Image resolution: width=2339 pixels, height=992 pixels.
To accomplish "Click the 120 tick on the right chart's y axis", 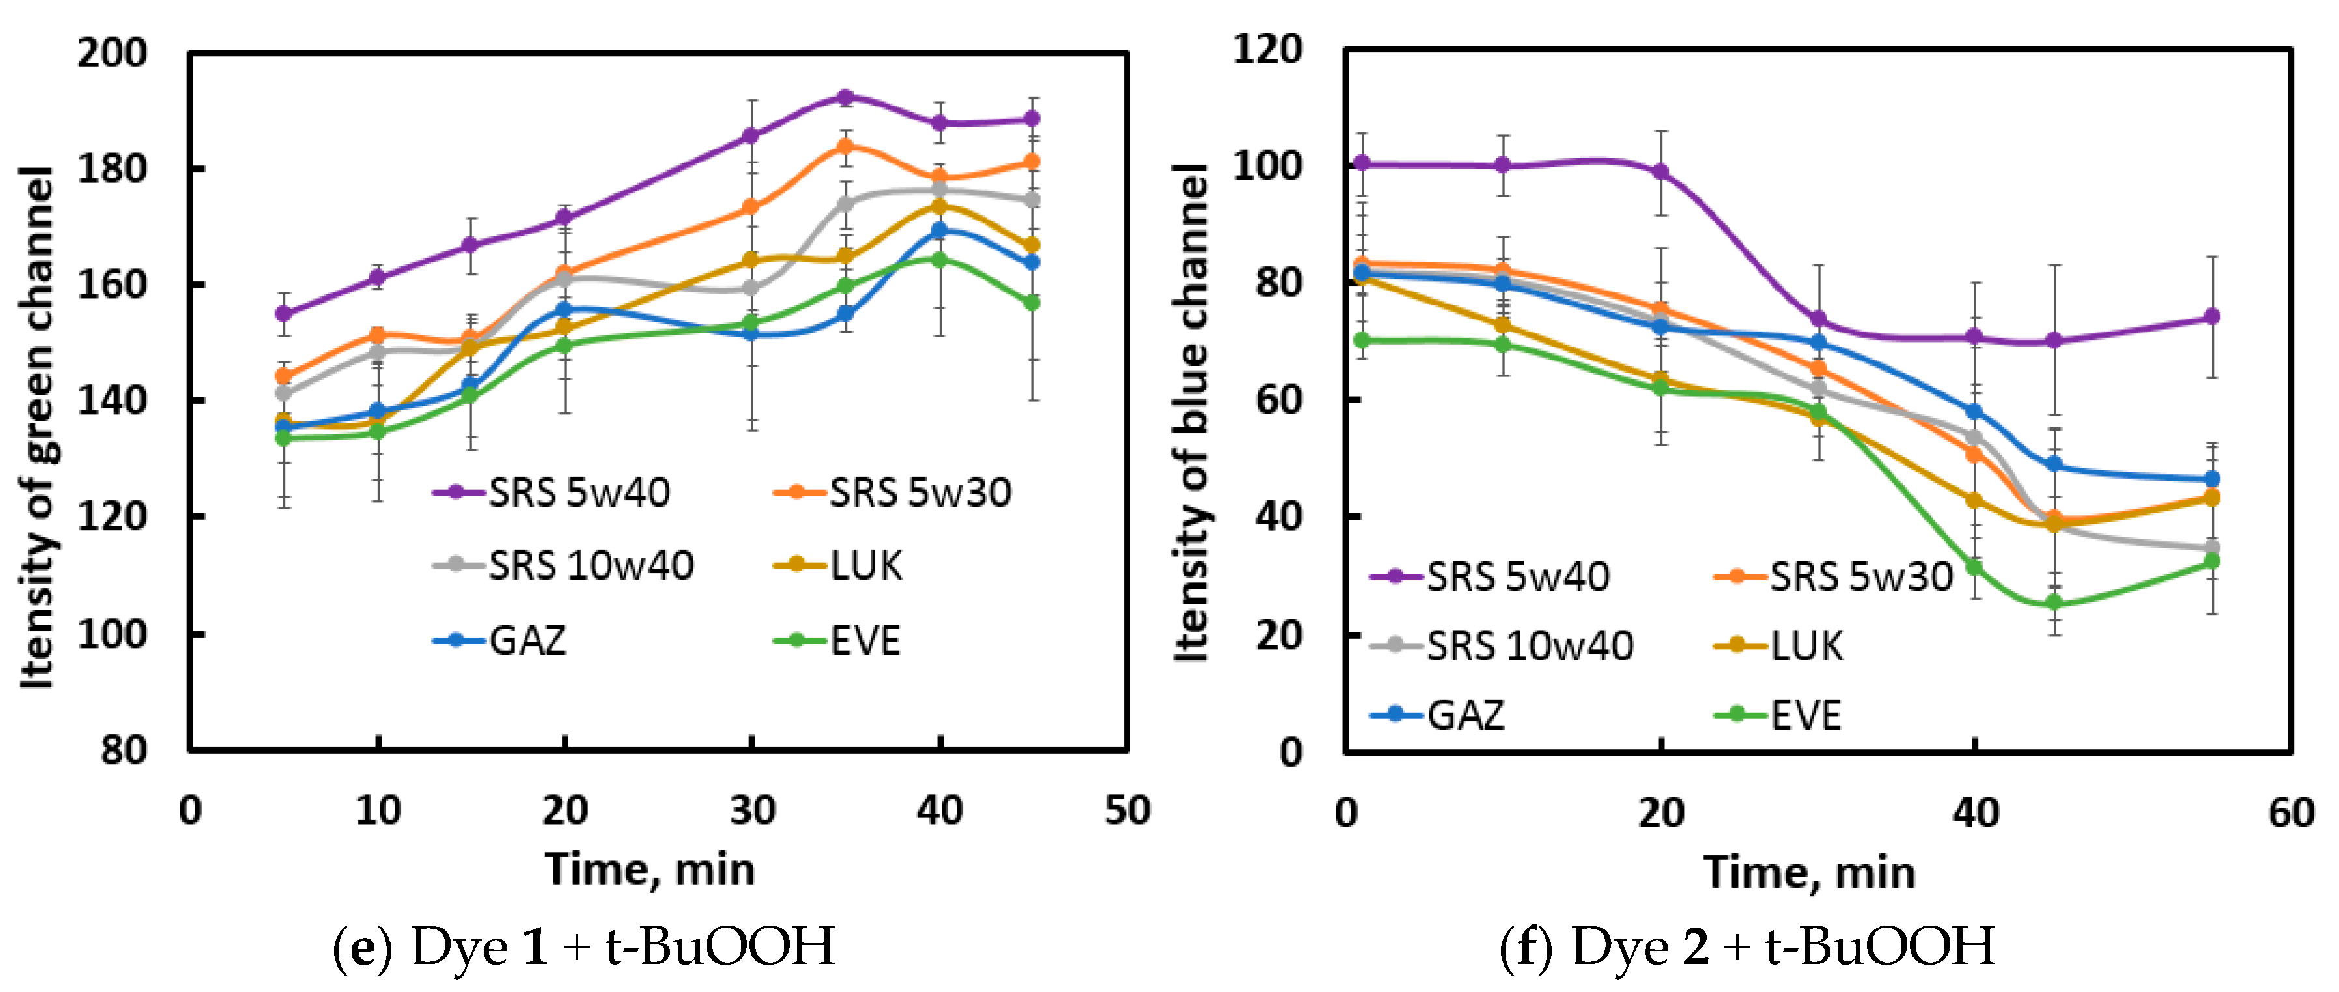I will [1267, 48].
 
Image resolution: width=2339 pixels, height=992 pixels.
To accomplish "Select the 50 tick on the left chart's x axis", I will [1127, 810].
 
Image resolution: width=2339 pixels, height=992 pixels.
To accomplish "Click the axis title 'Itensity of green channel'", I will [38, 427].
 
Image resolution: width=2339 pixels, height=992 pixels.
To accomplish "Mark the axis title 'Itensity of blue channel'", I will [1191, 414].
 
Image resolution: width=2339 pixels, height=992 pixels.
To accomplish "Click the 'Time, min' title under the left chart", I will [649, 870].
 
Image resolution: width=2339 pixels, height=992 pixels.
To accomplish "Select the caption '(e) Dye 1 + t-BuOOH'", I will [584, 946].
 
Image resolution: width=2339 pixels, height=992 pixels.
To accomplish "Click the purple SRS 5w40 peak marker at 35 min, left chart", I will [845, 97].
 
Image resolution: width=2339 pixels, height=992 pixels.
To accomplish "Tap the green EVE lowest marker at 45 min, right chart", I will [2054, 602].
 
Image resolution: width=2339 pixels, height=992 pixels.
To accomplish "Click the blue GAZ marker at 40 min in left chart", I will [940, 231].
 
